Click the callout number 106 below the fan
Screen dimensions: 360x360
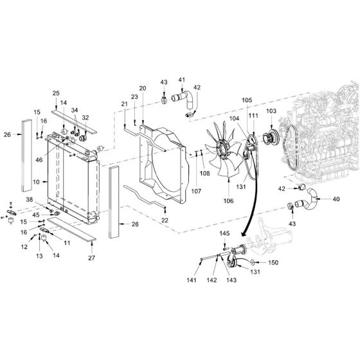pyautogui.click(x=228, y=201)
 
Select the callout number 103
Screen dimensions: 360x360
pyautogui.click(x=271, y=111)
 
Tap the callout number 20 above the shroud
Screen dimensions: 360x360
pyautogui.click(x=143, y=88)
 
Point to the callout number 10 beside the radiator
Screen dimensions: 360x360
pyautogui.click(x=36, y=182)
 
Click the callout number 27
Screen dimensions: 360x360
pyautogui.click(x=91, y=258)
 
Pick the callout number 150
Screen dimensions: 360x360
pyautogui.click(x=273, y=262)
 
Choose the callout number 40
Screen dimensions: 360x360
pyautogui.click(x=336, y=199)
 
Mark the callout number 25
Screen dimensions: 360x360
pyautogui.click(x=56, y=93)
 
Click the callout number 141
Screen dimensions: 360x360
pyautogui.click(x=192, y=280)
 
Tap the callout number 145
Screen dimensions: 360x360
pyautogui.click(x=224, y=233)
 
